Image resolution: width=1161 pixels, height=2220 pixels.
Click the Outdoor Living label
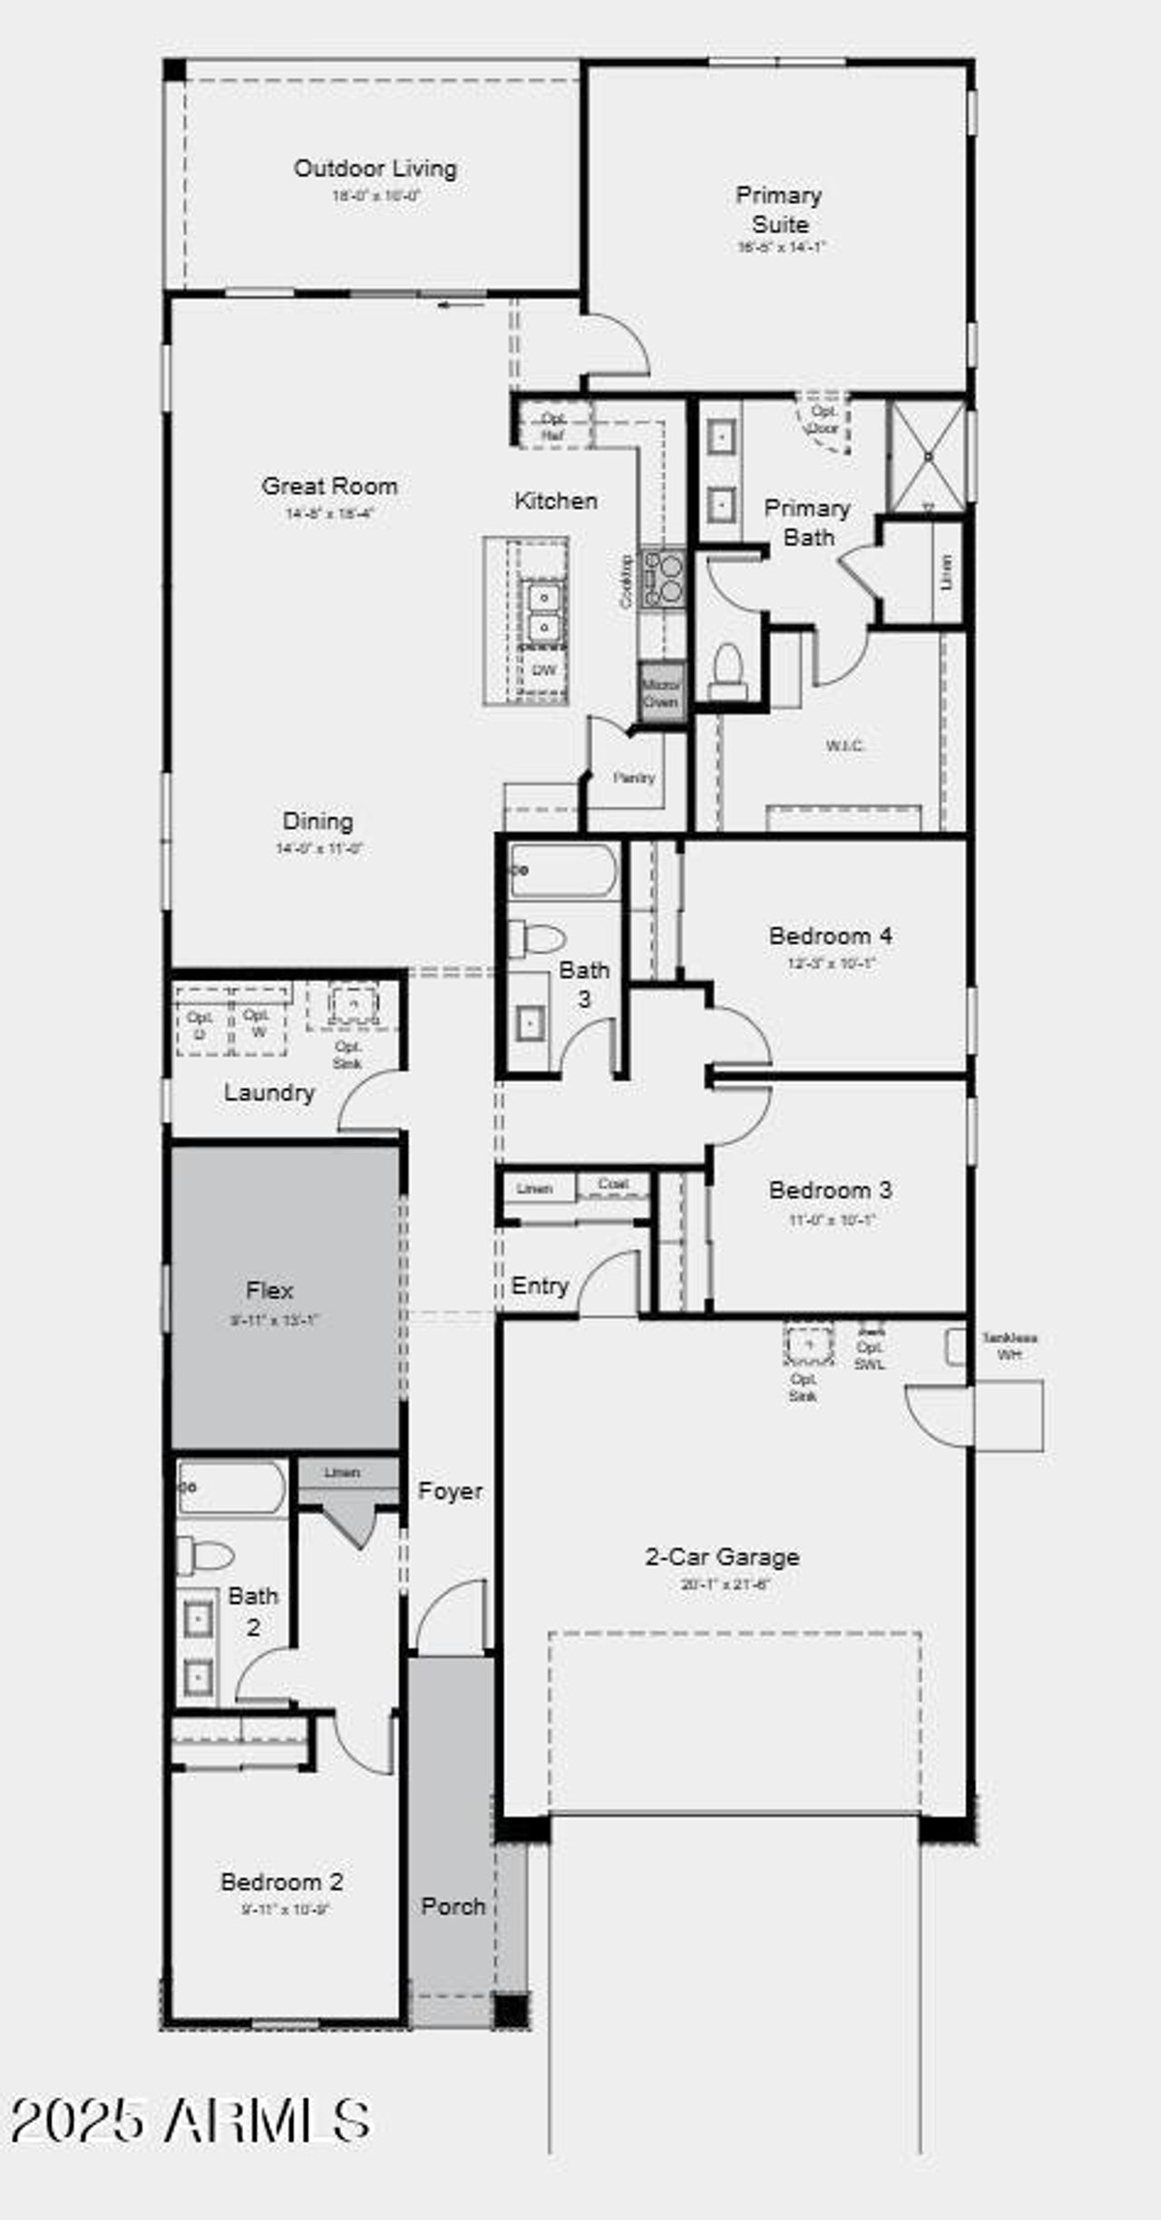pos(375,169)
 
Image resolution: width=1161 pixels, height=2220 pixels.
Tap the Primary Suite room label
pos(779,210)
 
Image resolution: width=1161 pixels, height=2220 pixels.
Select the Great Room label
pos(329,486)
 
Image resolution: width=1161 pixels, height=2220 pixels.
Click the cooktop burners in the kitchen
pos(663,578)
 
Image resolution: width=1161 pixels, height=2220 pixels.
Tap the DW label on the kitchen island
pos(543,670)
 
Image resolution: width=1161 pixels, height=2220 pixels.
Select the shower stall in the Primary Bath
pos(927,456)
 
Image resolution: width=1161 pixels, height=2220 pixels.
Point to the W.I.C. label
pos(844,746)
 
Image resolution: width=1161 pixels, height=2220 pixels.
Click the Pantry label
pos(633,777)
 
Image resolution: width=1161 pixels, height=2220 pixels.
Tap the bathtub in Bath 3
pos(562,871)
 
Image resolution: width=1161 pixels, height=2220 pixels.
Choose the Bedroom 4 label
pos(830,935)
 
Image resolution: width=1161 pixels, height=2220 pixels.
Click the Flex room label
pos(269,1290)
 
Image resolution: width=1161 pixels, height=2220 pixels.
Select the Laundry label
pos(268,1092)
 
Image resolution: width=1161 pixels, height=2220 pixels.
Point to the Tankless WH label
pos(1009,1346)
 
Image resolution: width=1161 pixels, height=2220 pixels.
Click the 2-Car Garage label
pos(722,1557)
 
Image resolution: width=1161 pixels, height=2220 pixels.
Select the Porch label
pos(453,1905)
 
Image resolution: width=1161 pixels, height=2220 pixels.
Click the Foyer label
pos(450,1491)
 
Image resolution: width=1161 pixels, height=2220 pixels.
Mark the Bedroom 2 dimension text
pos(285,1909)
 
